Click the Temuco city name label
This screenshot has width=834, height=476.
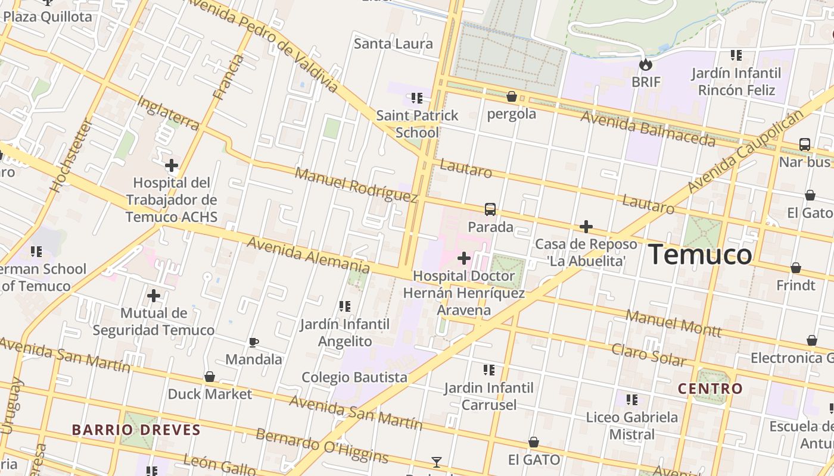click(x=700, y=255)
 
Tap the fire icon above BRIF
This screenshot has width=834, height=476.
click(x=645, y=64)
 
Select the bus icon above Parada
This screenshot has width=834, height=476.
click(x=490, y=209)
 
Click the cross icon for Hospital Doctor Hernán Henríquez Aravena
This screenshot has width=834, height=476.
click(x=464, y=258)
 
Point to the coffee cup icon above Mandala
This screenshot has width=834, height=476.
click(x=254, y=342)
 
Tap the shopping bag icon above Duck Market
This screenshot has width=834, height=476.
click(x=210, y=377)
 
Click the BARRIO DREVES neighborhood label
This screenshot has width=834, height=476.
click(x=136, y=430)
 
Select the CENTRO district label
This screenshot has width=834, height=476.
click(x=710, y=389)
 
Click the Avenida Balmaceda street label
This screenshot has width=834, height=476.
click(x=648, y=128)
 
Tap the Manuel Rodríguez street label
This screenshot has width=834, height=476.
click(x=356, y=185)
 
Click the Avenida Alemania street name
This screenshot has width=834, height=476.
click(x=308, y=255)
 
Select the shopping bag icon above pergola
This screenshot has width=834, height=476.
click(x=511, y=96)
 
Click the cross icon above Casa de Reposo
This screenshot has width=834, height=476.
click(x=586, y=227)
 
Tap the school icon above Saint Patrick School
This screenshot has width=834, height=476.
click(x=417, y=98)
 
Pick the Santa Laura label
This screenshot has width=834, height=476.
click(x=393, y=43)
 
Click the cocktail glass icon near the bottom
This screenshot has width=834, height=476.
click(x=437, y=462)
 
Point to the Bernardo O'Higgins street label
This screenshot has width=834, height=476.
click(x=322, y=445)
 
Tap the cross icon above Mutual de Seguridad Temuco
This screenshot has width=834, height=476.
click(x=154, y=295)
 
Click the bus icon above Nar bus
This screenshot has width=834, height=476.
click(x=804, y=145)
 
